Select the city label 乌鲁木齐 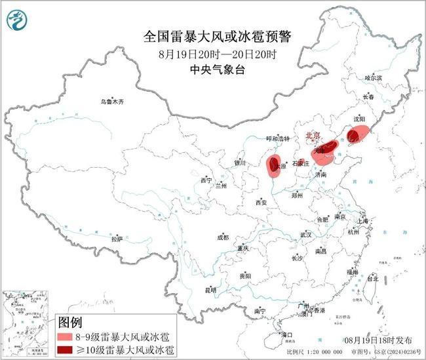[111, 102]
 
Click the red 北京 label [314, 136]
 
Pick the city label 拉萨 [117, 239]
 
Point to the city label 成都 [223, 237]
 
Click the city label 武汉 [306, 233]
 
